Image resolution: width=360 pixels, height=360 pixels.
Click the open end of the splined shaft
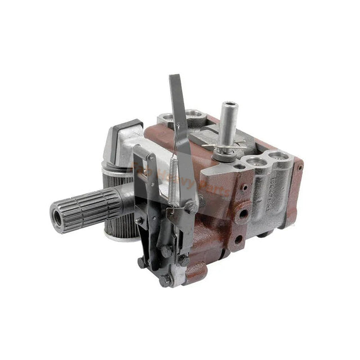pyautogui.click(x=57, y=214)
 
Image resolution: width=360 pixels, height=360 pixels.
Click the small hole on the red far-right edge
pyautogui.click(x=300, y=168)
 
